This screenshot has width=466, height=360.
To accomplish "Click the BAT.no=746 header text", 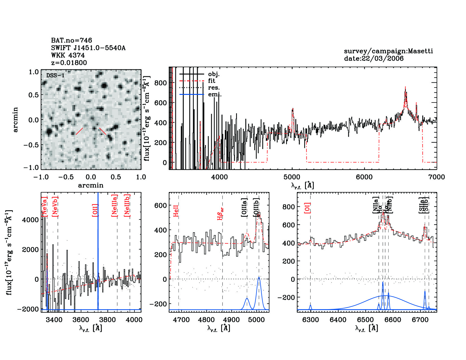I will [71, 40].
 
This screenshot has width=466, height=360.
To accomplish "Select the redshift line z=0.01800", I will [69, 63].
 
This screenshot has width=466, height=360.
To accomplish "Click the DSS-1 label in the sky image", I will [55, 75].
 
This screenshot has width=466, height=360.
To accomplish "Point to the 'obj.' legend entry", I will [214, 74].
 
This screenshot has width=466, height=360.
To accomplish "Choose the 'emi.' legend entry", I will [215, 94].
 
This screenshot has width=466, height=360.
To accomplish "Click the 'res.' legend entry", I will [214, 88].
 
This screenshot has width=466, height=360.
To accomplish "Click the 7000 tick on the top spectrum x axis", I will [436, 177].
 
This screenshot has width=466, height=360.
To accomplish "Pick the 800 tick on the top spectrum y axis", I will [160, 83].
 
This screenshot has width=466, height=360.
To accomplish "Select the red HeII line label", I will [176, 211].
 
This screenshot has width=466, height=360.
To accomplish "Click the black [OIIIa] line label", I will [244, 208].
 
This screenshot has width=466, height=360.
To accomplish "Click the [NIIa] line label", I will [375, 205].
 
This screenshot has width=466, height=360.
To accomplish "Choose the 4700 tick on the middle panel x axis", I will [181, 320].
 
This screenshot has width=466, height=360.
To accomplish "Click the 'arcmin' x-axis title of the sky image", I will [91, 185].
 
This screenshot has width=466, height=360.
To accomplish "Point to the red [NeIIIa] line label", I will [114, 206].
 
